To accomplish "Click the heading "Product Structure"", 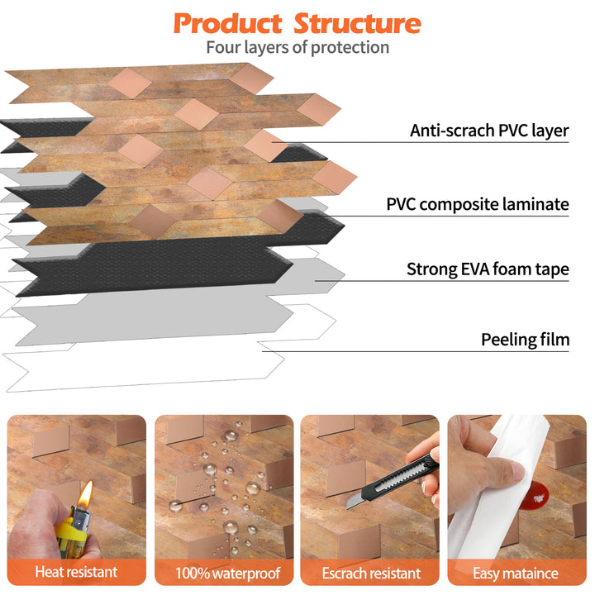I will (297, 22).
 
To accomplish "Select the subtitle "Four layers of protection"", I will (297, 47).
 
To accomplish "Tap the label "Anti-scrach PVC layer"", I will (489, 131).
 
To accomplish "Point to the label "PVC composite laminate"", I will (478, 204).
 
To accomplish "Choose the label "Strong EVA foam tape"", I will (488, 269).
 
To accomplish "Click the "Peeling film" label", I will (525, 340).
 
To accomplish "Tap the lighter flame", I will (84, 495).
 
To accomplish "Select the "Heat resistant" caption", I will (76, 572).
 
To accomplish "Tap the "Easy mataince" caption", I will (516, 573).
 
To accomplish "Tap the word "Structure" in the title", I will (357, 22).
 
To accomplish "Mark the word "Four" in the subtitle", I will (223, 47).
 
